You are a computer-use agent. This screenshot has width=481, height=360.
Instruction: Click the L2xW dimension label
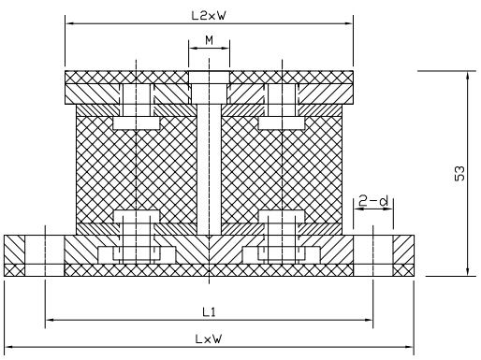(x=208, y=16)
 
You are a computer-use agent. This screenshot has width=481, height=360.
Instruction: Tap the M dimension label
(x=209, y=40)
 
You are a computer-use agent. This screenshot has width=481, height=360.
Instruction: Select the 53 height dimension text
(x=459, y=173)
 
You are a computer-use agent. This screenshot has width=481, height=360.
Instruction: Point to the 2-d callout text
(x=373, y=200)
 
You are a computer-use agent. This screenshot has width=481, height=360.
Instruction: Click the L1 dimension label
(x=209, y=311)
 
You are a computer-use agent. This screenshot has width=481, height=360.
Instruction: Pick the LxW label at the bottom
(x=209, y=338)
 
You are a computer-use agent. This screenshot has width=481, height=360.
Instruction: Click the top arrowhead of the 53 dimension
(x=467, y=76)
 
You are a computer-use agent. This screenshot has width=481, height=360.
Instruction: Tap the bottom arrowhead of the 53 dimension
(x=467, y=271)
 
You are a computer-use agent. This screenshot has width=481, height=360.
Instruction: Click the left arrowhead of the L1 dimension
(x=51, y=320)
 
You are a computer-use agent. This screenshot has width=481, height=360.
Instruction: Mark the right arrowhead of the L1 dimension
(x=368, y=320)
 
